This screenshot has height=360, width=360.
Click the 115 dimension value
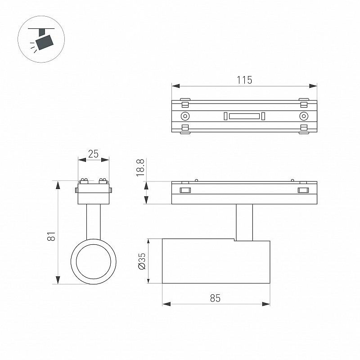244,80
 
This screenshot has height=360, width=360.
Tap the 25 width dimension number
93,154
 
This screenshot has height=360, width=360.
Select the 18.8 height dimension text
140,167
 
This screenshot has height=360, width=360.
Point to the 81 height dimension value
51,236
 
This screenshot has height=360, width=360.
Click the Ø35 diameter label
142,261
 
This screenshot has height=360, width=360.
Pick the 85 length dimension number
215,298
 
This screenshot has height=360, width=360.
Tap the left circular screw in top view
185,116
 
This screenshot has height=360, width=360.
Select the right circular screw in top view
303,116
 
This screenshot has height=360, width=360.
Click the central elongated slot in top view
244,116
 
